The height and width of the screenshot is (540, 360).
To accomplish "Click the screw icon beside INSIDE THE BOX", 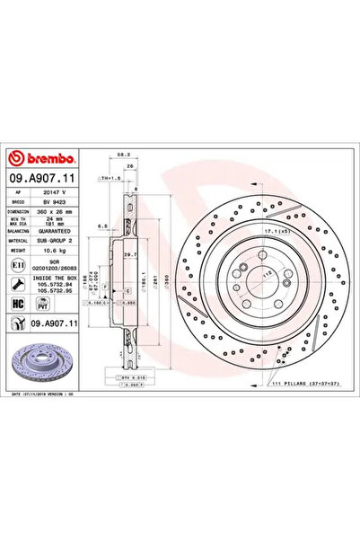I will [x=19, y=284].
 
